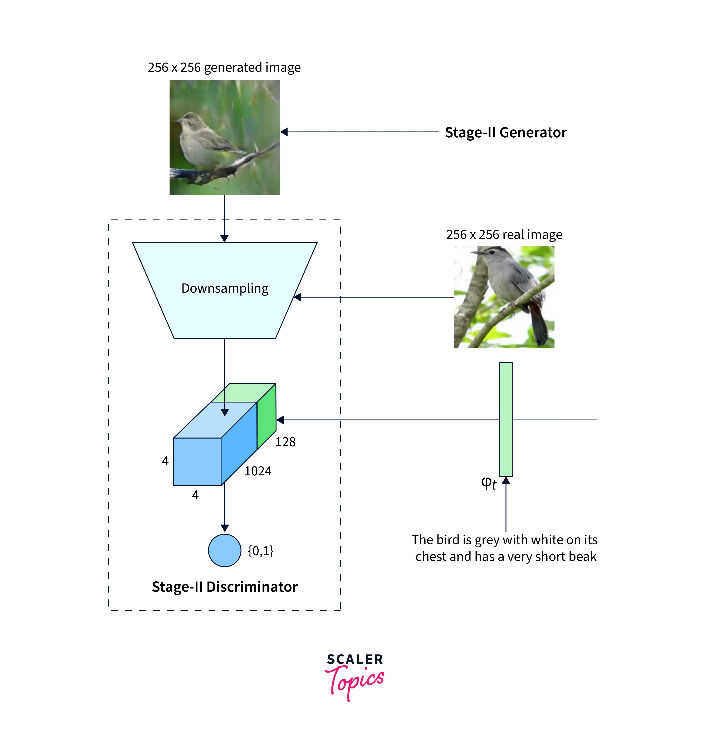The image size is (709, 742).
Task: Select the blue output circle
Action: click(225, 550)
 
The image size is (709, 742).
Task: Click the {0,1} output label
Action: click(260, 551)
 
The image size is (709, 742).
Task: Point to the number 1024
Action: click(258, 471)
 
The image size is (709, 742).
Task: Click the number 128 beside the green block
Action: click(285, 442)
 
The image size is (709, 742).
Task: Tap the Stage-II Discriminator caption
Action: click(225, 587)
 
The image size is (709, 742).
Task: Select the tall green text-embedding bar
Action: click(506, 419)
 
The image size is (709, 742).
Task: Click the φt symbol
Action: click(488, 483)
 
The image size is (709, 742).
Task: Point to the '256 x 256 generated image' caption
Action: click(224, 68)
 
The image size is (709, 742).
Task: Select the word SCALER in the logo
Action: click(355, 659)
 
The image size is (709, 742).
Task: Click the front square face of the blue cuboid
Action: click(197, 461)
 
